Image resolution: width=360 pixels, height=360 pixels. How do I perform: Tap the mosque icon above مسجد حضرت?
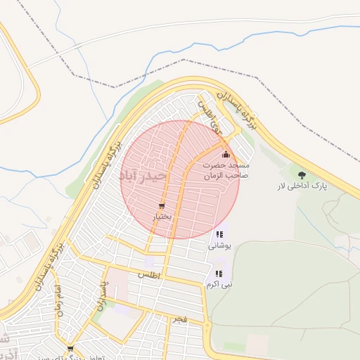(x=225, y=155)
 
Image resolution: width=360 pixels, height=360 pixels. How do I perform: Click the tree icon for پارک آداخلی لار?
(x=302, y=174)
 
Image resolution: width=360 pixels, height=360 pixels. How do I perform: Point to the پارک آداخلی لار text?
(x=302, y=187)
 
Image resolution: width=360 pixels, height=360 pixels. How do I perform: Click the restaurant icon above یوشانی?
(x=219, y=235)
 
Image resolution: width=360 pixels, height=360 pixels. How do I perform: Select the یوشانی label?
(x=219, y=246)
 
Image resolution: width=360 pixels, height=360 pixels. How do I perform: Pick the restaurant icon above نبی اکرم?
(x=219, y=274)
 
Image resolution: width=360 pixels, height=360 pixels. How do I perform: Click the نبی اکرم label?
(x=219, y=284)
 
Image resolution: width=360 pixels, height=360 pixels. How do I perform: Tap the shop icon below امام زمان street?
(x=70, y=348)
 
